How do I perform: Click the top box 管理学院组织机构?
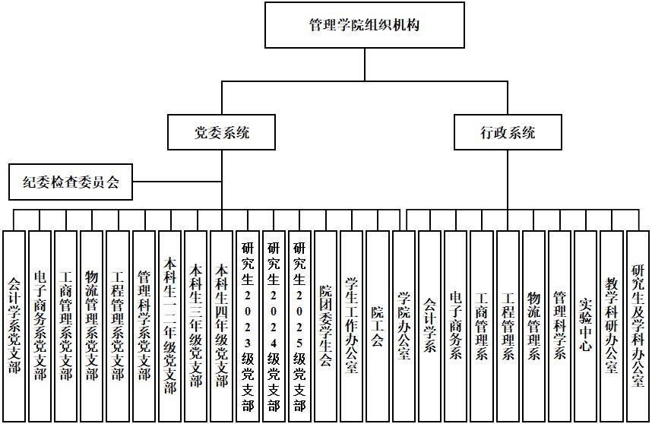pos(364,25)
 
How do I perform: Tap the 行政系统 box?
pos(508,132)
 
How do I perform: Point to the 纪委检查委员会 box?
pos(71,182)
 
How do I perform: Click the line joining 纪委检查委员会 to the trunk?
pos(176,182)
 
